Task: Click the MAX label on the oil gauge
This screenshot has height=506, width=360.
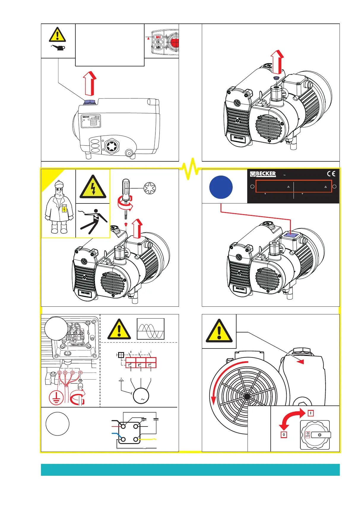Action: pos(158,37)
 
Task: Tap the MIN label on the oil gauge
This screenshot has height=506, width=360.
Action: pos(158,47)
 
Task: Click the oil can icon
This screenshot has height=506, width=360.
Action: pos(58,47)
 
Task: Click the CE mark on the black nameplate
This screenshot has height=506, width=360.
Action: pos(331,174)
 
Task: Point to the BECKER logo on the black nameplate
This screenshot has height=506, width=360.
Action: pos(263,174)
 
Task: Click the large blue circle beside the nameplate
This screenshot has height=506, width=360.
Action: pos(221,187)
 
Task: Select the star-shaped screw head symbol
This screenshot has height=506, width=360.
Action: pos(150,188)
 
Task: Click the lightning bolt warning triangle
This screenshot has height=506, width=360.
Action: pos(93,187)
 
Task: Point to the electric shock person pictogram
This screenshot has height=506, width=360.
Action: pos(93,221)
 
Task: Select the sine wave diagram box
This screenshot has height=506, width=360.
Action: pos(150,329)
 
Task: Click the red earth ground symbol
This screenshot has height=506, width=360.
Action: pos(56,397)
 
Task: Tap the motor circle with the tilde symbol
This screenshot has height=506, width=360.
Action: pos(141,396)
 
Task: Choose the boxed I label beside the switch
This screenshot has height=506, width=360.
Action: pos(310,413)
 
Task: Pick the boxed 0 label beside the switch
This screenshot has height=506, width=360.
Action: pos(284,435)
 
